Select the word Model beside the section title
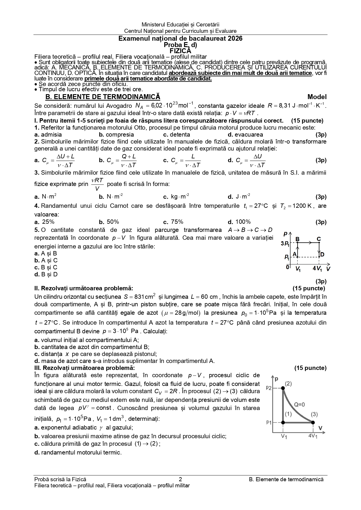[x=317, y=97]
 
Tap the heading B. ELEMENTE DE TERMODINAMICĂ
[x=103, y=97]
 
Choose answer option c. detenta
[x=177, y=135]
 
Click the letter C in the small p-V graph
[x=319, y=239]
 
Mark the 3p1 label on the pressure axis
[x=285, y=244]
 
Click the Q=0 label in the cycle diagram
[x=299, y=404]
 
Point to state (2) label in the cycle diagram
[x=288, y=384]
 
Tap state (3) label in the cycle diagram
[x=314, y=414]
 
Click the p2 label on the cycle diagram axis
[x=268, y=388]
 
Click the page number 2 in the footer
[x=180, y=479]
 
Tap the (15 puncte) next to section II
[x=309, y=288]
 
